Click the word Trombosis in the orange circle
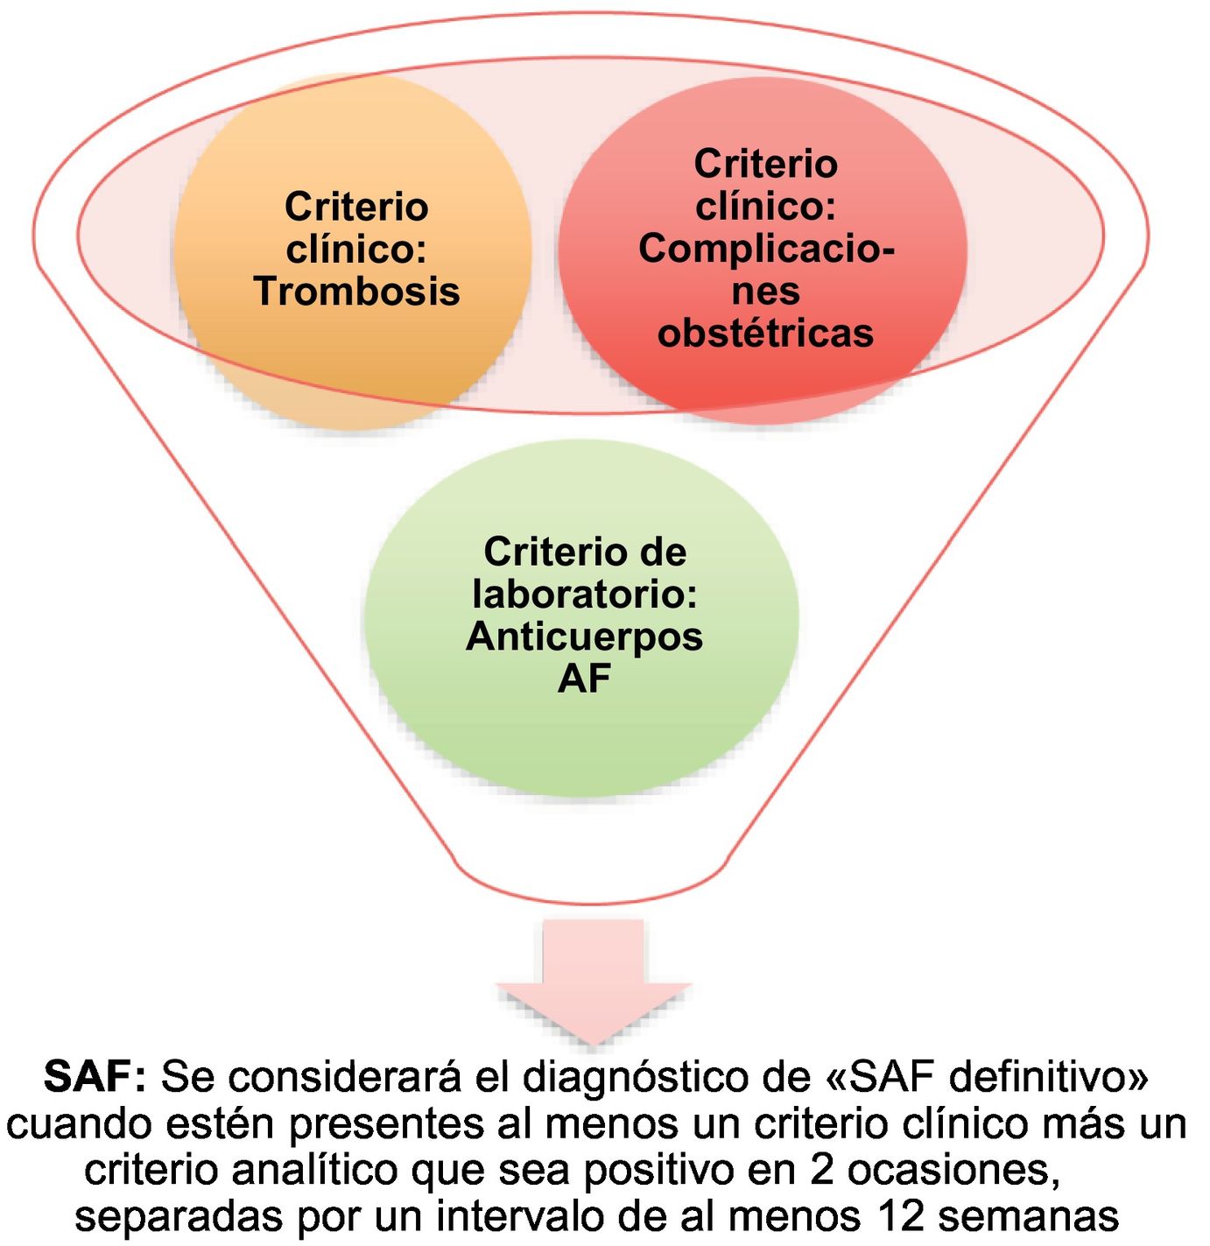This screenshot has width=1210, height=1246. click(x=356, y=292)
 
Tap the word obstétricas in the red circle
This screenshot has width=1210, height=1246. click(x=765, y=334)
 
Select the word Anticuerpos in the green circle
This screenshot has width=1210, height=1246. click(x=584, y=637)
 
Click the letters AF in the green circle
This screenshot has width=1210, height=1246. click(x=584, y=679)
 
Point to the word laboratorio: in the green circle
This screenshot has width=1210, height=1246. click(x=584, y=595)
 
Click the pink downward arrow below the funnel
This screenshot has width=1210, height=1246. click(x=594, y=981)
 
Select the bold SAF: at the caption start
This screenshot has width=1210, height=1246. click(x=94, y=1077)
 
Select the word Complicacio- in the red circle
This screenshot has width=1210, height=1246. click(x=765, y=249)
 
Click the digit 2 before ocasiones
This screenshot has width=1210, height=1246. click(x=823, y=1170)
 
